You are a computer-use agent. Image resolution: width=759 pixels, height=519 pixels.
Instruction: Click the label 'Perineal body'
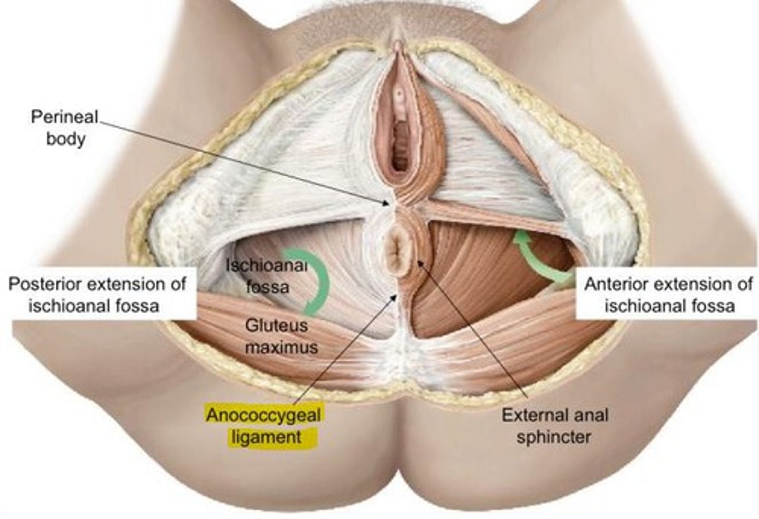click(x=65, y=128)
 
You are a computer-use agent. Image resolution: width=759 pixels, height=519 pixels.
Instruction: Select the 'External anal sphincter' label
click(x=554, y=426)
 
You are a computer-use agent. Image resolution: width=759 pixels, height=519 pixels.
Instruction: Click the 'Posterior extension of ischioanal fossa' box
click(x=97, y=294)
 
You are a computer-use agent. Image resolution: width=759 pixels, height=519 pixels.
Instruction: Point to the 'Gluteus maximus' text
click(x=276, y=335)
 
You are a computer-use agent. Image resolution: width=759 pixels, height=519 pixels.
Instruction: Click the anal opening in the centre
click(x=397, y=252)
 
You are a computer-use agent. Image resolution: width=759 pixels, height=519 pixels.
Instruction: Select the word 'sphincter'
click(x=553, y=437)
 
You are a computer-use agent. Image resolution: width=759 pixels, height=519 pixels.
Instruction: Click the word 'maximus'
click(x=281, y=347)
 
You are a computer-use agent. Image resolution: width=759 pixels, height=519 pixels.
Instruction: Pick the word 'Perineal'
click(x=65, y=117)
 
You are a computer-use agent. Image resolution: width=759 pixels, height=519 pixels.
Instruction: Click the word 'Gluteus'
click(x=276, y=325)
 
